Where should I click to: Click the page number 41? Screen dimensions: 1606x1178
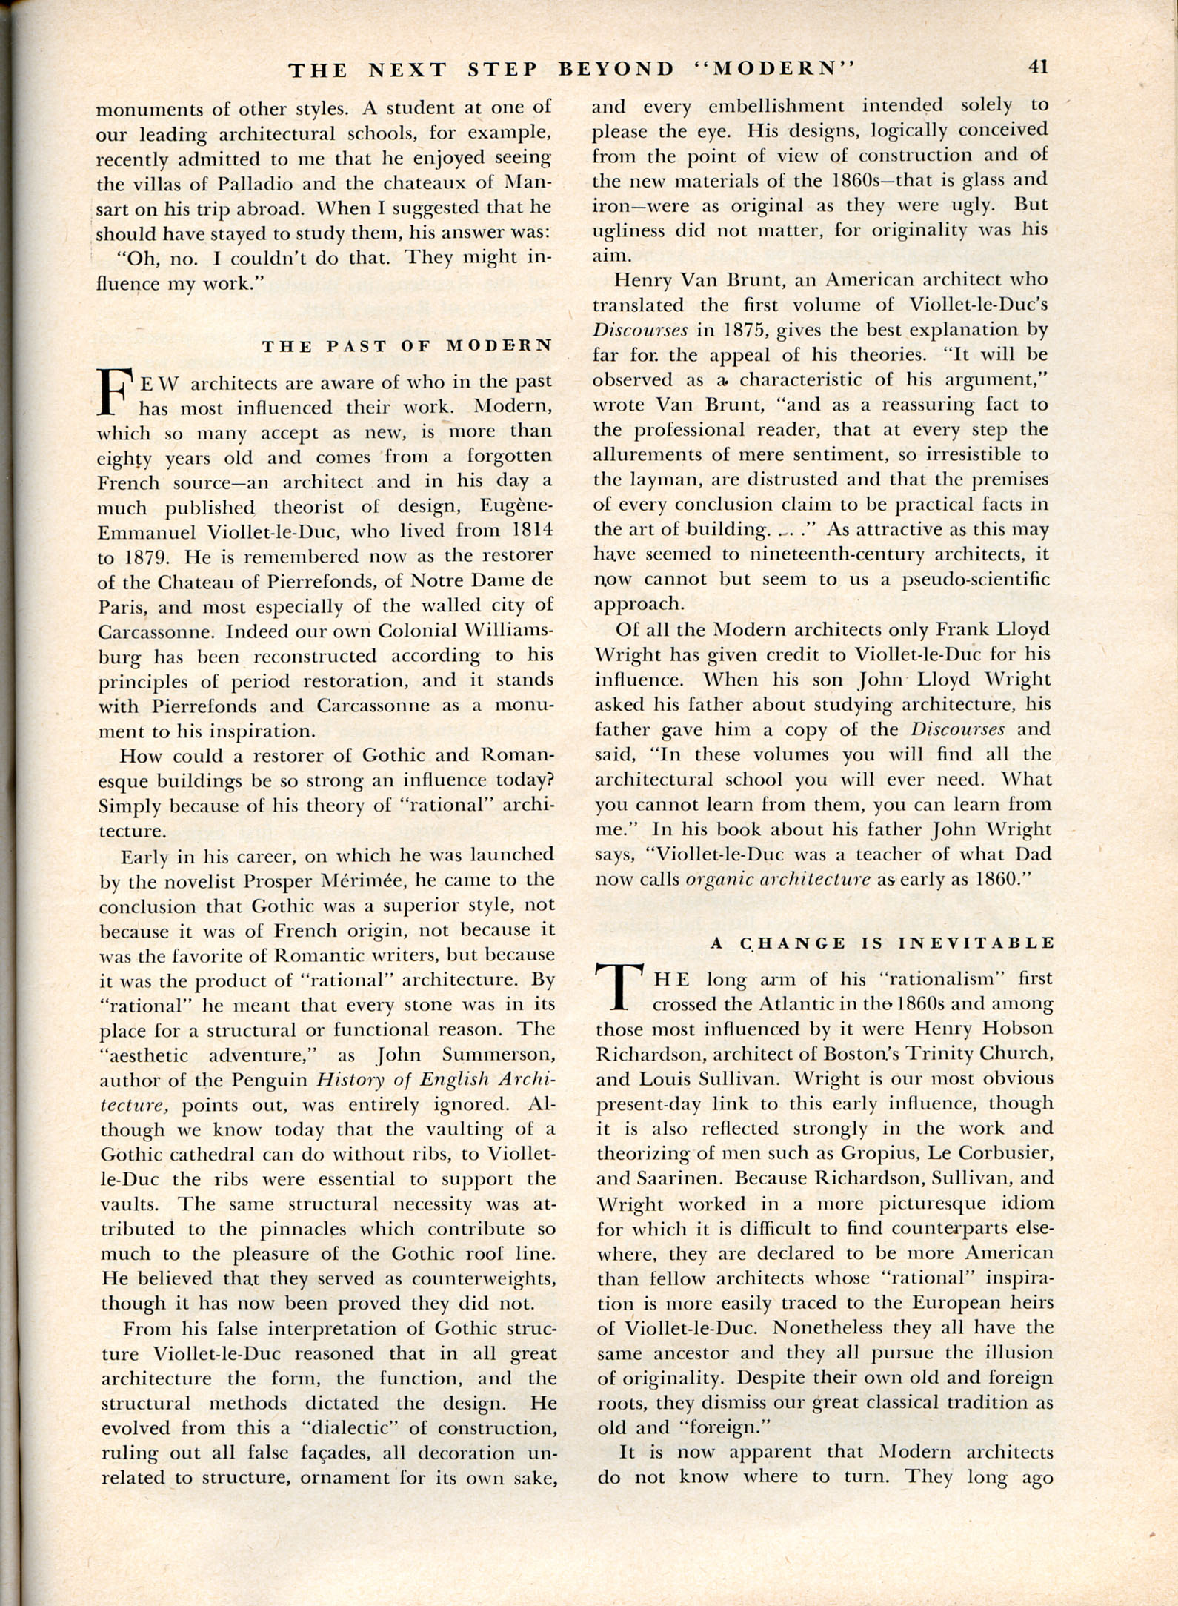(x=1037, y=67)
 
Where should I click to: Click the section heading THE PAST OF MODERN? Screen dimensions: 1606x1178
(x=407, y=345)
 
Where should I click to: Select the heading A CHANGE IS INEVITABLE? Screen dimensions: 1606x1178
(x=882, y=943)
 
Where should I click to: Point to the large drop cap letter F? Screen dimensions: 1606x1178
(x=115, y=393)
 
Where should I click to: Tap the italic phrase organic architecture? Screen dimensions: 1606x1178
(x=778, y=880)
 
